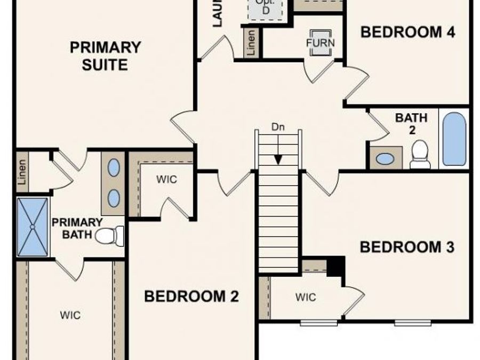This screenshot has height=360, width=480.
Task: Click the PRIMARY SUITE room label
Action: coord(106,56)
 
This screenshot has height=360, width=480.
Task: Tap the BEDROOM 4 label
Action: coord(408,32)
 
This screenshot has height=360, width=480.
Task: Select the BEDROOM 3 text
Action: coord(407,247)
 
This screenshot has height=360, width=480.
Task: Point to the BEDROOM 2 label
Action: coord(191,296)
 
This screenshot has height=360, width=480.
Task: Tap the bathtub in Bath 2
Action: coord(454,139)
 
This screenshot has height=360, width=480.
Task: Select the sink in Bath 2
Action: coord(385,158)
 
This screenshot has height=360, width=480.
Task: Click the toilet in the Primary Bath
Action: coord(110,235)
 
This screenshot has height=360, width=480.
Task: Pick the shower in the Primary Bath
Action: coord(33,227)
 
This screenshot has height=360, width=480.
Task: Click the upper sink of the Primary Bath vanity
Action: coord(114,167)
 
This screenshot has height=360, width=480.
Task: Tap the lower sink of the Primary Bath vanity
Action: coord(114,198)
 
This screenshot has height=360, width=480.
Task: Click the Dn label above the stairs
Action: coord(278,127)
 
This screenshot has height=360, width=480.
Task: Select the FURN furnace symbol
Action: coord(320,43)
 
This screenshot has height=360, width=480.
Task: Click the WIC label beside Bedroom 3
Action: coord(306,297)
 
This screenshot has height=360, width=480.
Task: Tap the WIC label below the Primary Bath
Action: coord(70,315)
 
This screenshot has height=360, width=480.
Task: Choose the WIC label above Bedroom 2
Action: coord(166,179)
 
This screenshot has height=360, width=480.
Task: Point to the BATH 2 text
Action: coord(411,123)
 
